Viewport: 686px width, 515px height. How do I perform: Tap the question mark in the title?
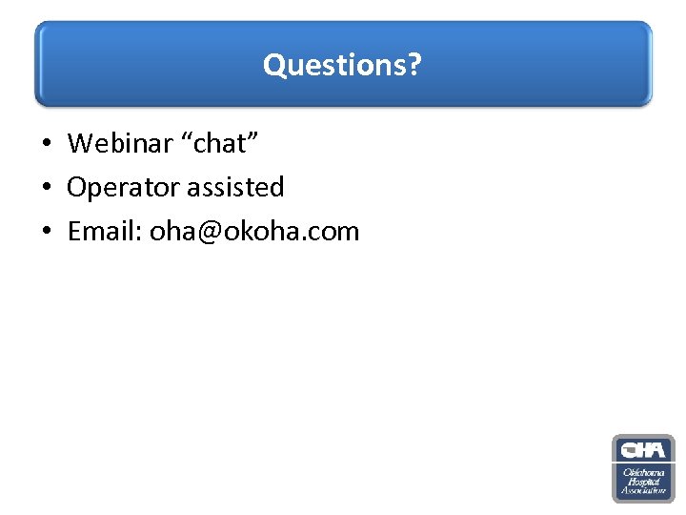(x=415, y=65)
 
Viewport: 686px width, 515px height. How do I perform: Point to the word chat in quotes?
(x=221, y=143)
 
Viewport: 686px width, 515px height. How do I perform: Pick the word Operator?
(x=123, y=188)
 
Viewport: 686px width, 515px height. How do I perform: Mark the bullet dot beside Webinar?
(x=46, y=144)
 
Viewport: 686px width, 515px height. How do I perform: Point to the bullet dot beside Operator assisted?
(x=46, y=188)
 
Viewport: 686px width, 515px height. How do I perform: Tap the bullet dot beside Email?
(x=46, y=232)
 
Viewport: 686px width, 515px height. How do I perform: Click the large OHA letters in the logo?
(x=643, y=449)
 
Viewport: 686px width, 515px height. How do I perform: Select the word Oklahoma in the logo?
(x=643, y=472)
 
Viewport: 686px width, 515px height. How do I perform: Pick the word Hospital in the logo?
(x=643, y=482)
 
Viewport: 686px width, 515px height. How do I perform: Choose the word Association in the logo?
(x=643, y=491)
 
